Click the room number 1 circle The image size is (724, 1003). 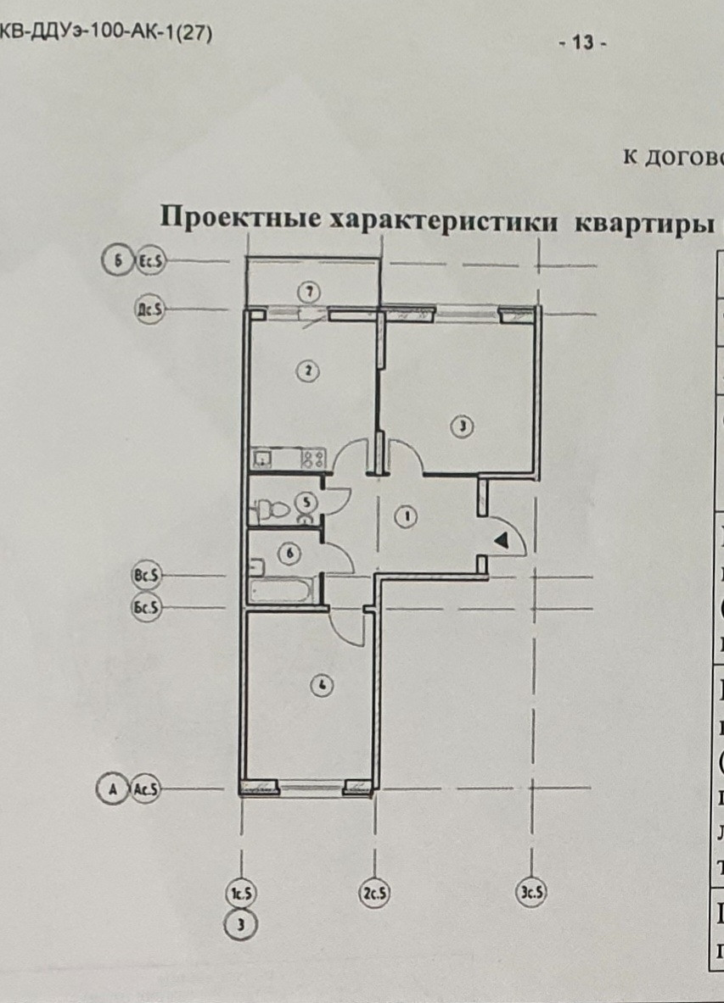407,515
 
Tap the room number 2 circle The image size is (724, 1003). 310,370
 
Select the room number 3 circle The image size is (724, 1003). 462,426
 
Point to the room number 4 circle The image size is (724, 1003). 321,685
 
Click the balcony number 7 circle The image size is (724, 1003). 310,292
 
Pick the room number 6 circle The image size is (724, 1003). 289,554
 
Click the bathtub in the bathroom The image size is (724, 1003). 282,591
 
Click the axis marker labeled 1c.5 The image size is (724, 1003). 243,894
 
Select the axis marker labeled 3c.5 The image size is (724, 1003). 532,893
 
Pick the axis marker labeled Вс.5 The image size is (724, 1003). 146,576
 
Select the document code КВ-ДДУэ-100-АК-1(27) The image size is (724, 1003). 106,34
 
